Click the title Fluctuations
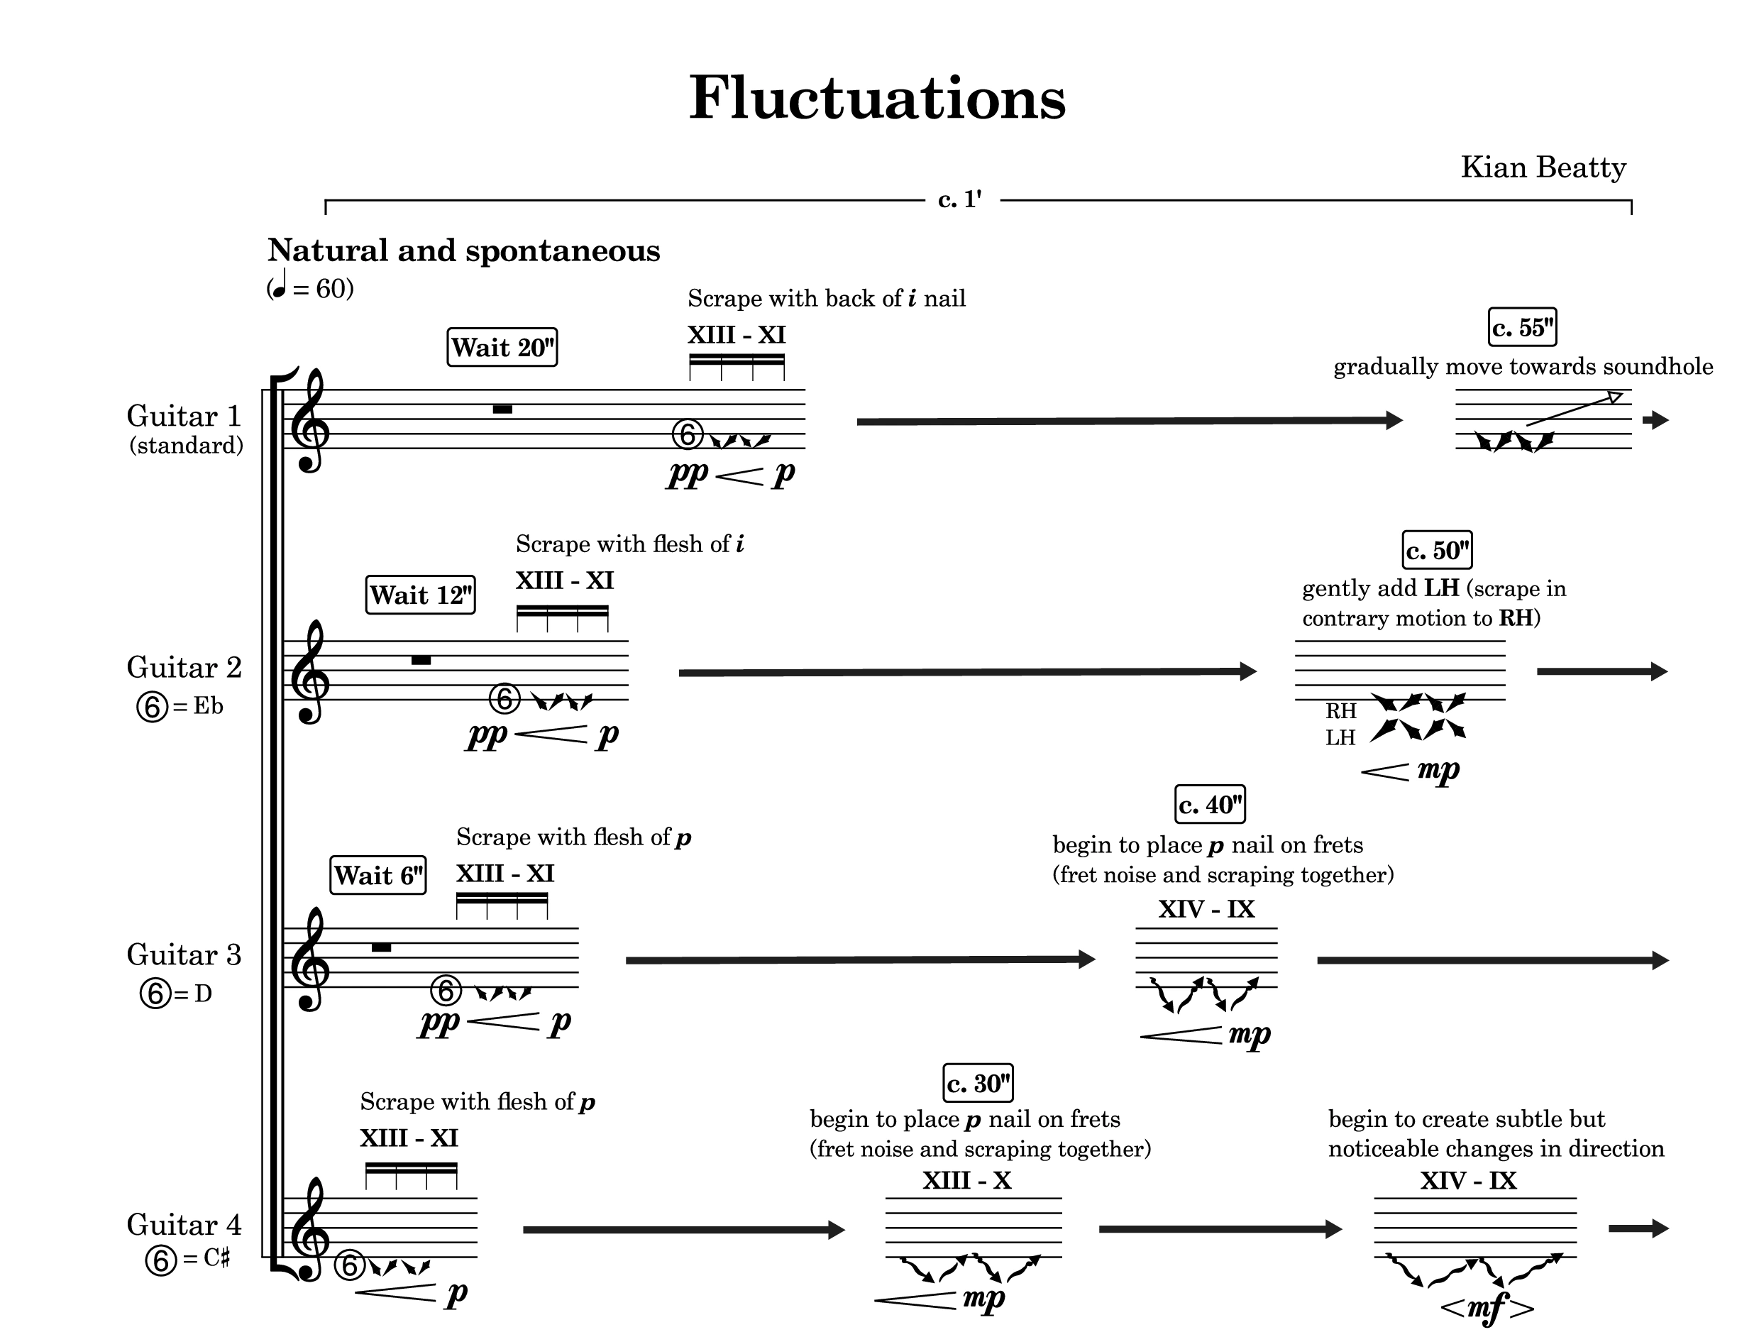click(877, 98)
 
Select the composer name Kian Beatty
click(1543, 168)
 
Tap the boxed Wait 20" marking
click(502, 347)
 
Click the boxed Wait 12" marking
click(421, 595)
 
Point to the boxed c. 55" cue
click(1523, 327)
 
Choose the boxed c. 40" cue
click(1210, 805)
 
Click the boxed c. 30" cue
click(978, 1083)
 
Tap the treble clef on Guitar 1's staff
click(309, 420)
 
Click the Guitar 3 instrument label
click(184, 955)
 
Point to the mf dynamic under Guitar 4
click(1486, 1306)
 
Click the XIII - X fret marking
click(966, 1180)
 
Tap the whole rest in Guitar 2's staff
click(421, 661)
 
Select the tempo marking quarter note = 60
click(310, 287)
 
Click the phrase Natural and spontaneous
click(464, 251)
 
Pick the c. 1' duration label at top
click(960, 199)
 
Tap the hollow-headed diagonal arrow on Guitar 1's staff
click(1575, 409)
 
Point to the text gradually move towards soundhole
click(1523, 367)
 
